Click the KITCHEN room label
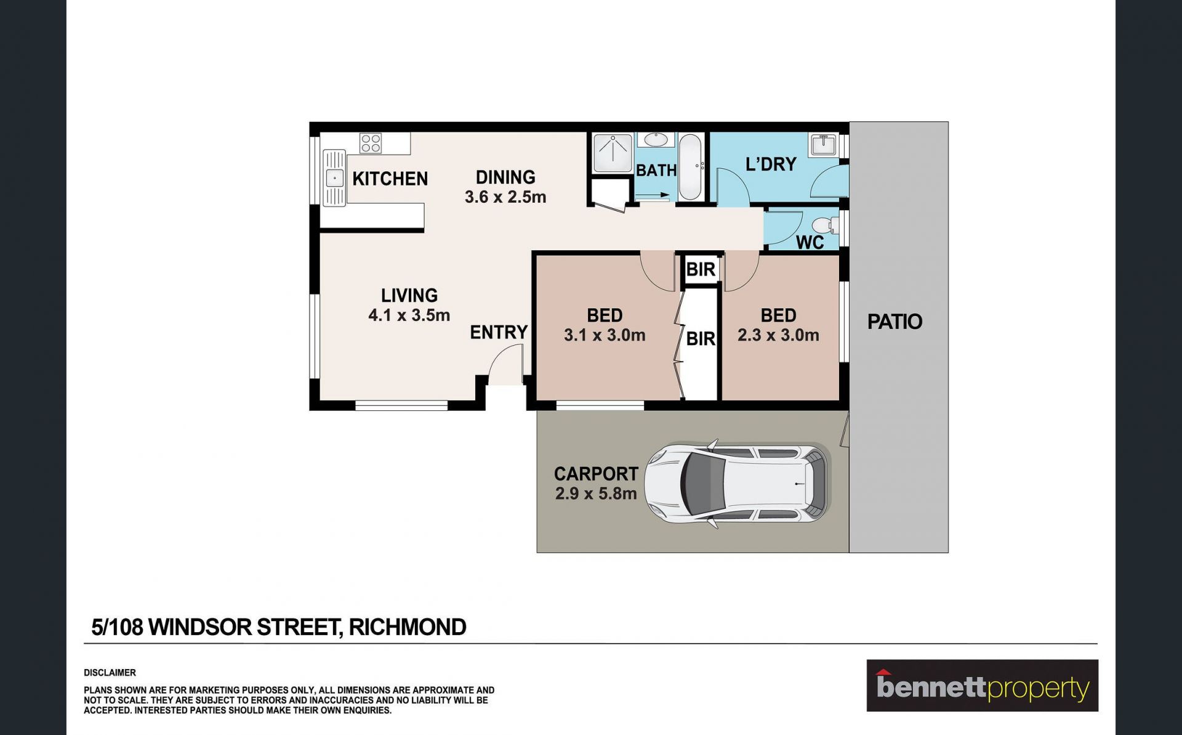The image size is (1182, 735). pyautogui.click(x=390, y=179)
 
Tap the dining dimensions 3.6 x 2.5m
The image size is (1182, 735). pyautogui.click(x=505, y=197)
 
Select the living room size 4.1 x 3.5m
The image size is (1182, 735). pyautogui.click(x=409, y=315)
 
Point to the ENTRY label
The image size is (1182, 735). pyautogui.click(x=499, y=333)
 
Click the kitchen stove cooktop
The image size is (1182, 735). pyautogui.click(x=371, y=144)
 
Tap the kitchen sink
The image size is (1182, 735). pyautogui.click(x=334, y=178)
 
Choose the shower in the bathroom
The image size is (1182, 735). pyautogui.click(x=613, y=153)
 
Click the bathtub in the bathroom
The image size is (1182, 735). pyautogui.click(x=690, y=166)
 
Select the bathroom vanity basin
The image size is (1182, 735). pyautogui.click(x=656, y=140)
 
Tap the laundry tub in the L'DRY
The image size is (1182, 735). pyautogui.click(x=822, y=144)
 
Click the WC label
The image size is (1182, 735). pyautogui.click(x=810, y=243)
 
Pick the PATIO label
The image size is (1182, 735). pyautogui.click(x=895, y=322)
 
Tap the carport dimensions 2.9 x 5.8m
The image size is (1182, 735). pyautogui.click(x=596, y=494)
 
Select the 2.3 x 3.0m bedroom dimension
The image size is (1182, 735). pyautogui.click(x=778, y=335)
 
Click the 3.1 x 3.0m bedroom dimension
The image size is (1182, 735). pyautogui.click(x=605, y=335)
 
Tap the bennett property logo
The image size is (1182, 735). pyautogui.click(x=982, y=686)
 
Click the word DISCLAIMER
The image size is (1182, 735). pyautogui.click(x=110, y=673)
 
